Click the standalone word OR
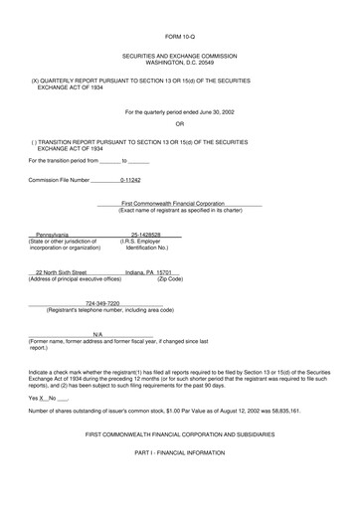tap(180, 123)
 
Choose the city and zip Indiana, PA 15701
tap(153, 270)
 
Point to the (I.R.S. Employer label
tap(145, 241)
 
